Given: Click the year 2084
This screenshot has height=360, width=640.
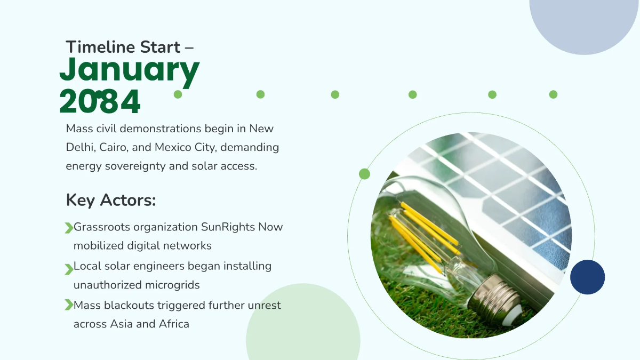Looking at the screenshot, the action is coord(99,101).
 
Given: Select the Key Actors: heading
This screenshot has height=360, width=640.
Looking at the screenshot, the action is coord(111,200).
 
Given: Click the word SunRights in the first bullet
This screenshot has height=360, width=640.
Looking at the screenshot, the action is coord(228,227).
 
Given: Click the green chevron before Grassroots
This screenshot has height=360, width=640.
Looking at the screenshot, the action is coord(69,228).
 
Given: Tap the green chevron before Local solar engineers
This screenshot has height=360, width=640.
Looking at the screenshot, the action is coord(69,269).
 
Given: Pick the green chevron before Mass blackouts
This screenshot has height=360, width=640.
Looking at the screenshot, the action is coord(69,305).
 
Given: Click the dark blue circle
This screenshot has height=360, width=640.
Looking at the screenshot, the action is coord(587,277).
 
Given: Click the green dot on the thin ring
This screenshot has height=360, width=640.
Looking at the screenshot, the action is coord(364,174).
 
